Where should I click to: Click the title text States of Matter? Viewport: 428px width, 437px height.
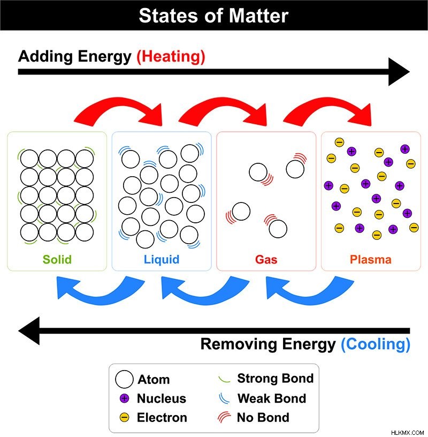coord(213,16)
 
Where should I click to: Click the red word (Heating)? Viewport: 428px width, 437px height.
coord(171,57)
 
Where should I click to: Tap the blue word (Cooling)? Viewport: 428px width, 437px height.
coord(376,344)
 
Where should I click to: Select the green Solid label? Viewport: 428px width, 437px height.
coord(57,259)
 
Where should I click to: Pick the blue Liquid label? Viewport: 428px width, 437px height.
coord(162,260)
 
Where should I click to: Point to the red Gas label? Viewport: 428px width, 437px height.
coord(266,260)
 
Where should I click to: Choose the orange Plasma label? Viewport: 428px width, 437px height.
coord(371,260)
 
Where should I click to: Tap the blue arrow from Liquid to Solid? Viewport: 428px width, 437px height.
coord(100,298)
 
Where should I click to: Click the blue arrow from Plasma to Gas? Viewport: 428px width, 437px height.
coord(310,298)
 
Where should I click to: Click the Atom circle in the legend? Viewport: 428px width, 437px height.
coord(124,379)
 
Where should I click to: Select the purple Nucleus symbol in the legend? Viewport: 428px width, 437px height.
coord(124,398)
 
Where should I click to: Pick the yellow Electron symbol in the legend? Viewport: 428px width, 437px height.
coord(124,418)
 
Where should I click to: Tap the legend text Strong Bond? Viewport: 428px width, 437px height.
coord(276,379)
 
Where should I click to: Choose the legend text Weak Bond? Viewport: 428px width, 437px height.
coord(272,398)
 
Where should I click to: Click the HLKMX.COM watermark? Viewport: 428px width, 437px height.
coord(407,433)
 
